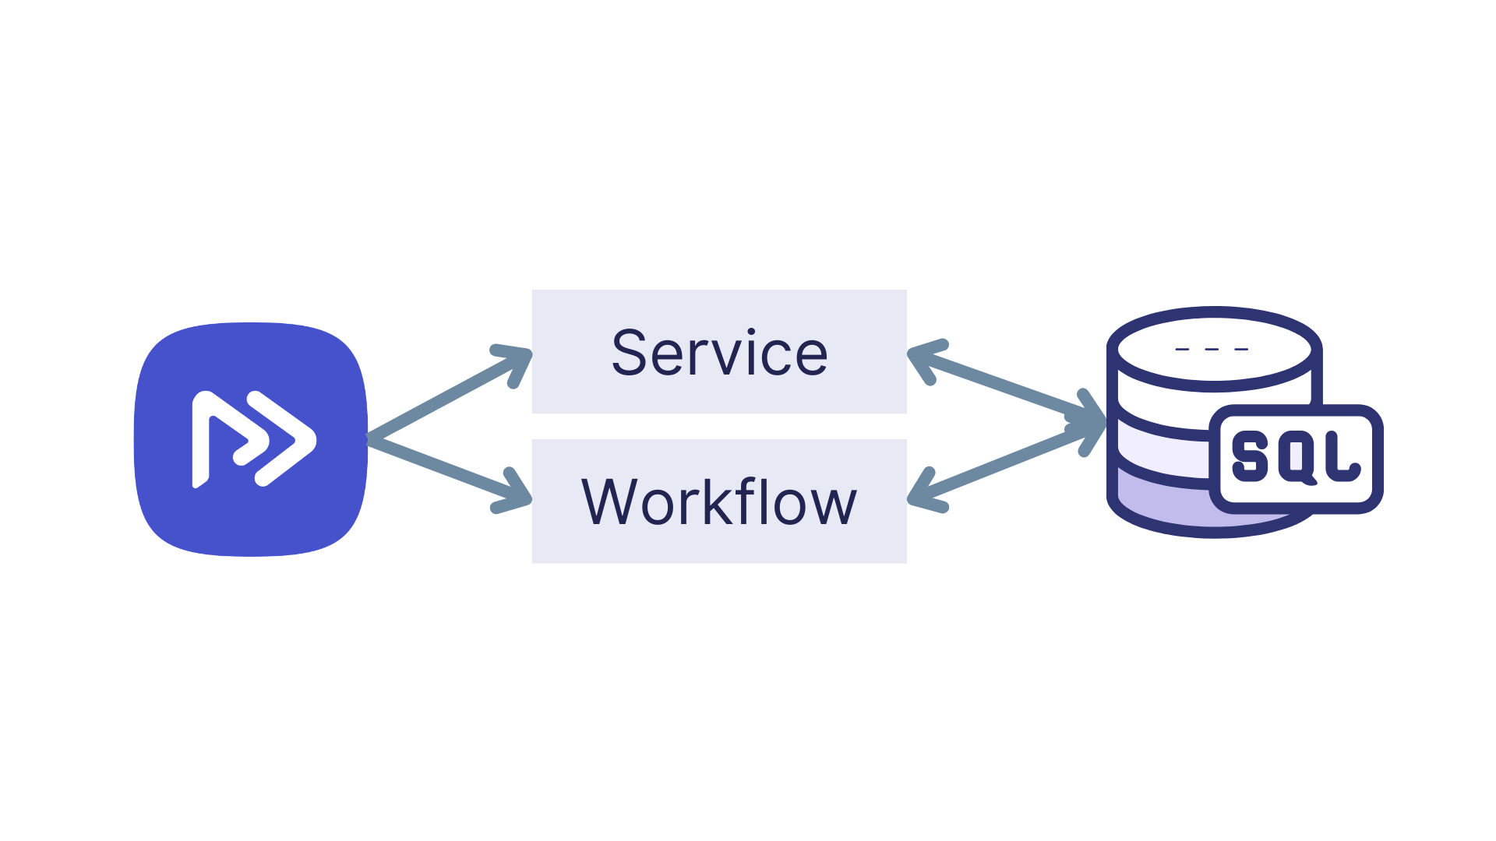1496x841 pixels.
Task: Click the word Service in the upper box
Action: point(719,353)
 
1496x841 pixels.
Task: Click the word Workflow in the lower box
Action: point(719,502)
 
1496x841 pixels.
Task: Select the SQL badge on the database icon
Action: point(1296,458)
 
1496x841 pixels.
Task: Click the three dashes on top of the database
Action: point(1212,349)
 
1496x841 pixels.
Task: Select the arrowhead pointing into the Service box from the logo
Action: point(517,361)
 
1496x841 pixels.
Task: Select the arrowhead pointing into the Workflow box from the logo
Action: point(516,494)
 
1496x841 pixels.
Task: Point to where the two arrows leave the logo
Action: point(372,438)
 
